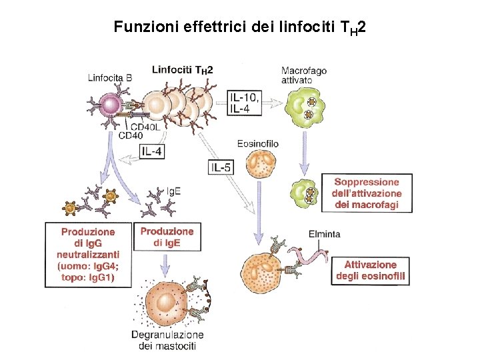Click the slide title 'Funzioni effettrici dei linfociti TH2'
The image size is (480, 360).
coord(239,27)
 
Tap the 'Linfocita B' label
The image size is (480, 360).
coord(110,77)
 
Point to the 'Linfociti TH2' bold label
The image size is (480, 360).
coord(182,69)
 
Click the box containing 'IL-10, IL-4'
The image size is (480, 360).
coord(244,103)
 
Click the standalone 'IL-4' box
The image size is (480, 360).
coord(152,151)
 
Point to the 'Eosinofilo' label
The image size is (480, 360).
coord(257,143)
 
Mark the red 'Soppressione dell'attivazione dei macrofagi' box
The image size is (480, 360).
coord(366,193)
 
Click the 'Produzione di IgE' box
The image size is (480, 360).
coord(167,237)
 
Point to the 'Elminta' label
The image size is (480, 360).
coord(324,233)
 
